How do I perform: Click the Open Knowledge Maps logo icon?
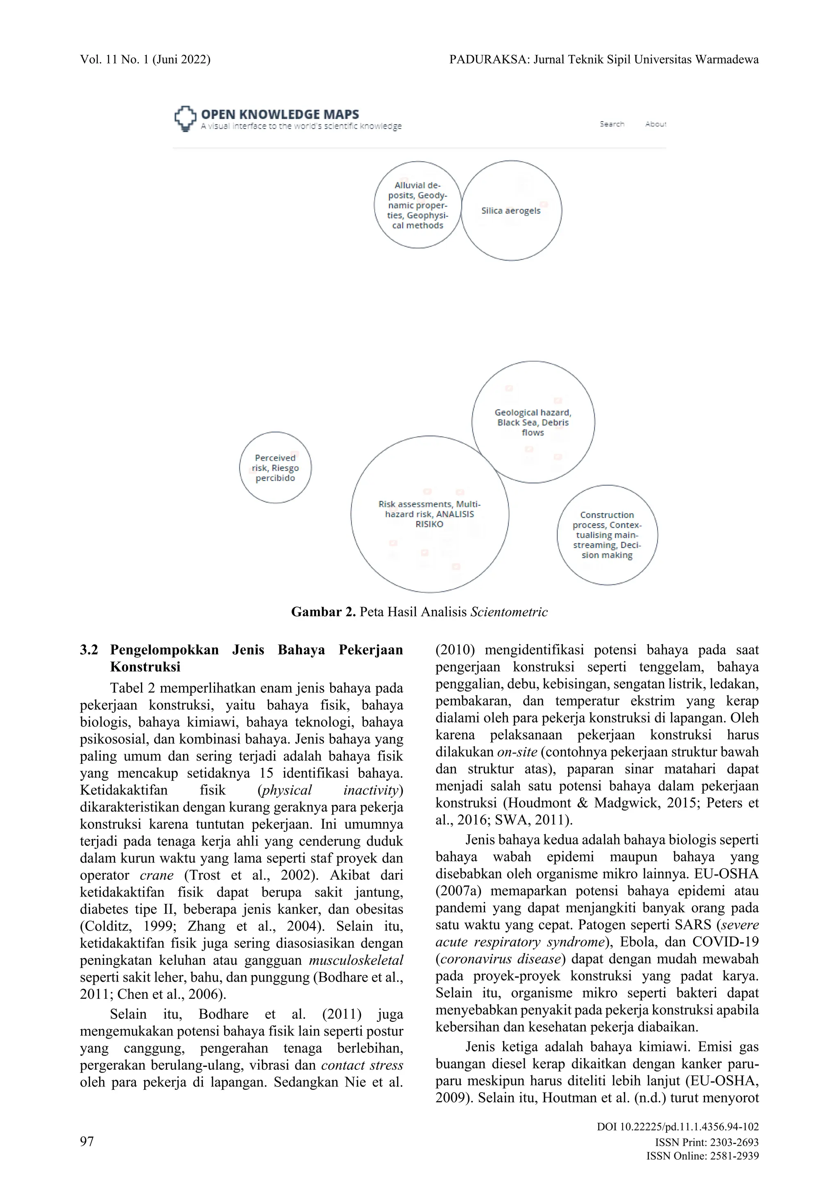185,118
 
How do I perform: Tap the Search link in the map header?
612,124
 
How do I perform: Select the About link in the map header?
655,124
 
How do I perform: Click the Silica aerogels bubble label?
510,211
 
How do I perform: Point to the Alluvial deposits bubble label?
417,205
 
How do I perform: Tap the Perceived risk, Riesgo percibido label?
275,468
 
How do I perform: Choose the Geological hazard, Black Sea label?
533,423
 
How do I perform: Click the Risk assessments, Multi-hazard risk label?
429,514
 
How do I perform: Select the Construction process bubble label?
607,535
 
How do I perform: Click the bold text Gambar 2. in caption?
323,612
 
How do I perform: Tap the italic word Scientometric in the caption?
508,612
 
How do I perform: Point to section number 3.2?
89,650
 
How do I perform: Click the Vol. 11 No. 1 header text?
145,60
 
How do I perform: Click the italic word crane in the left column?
156,876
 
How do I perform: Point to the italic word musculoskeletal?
356,961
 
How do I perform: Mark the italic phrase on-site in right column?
517,752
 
